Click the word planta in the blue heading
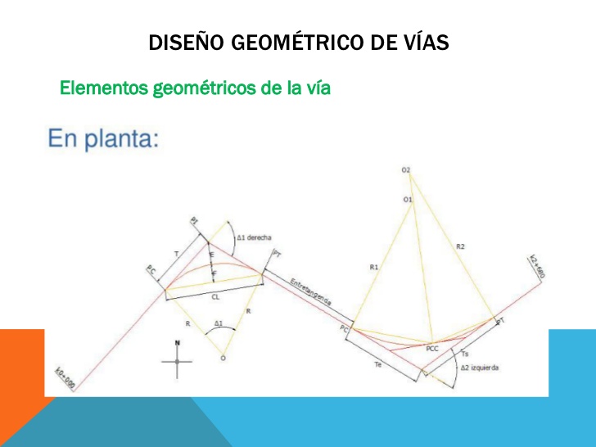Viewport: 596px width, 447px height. click(x=122, y=138)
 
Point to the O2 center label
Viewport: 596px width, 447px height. click(x=406, y=169)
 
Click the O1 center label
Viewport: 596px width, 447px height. click(x=408, y=199)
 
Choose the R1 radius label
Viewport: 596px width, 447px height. click(x=374, y=267)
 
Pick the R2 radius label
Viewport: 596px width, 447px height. click(x=460, y=245)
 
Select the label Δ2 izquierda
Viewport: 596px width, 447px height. click(x=479, y=368)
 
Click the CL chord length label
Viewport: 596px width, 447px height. click(x=215, y=297)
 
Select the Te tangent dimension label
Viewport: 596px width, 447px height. click(x=377, y=363)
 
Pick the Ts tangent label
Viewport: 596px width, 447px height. click(x=465, y=353)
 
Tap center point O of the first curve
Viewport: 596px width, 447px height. click(x=223, y=358)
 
